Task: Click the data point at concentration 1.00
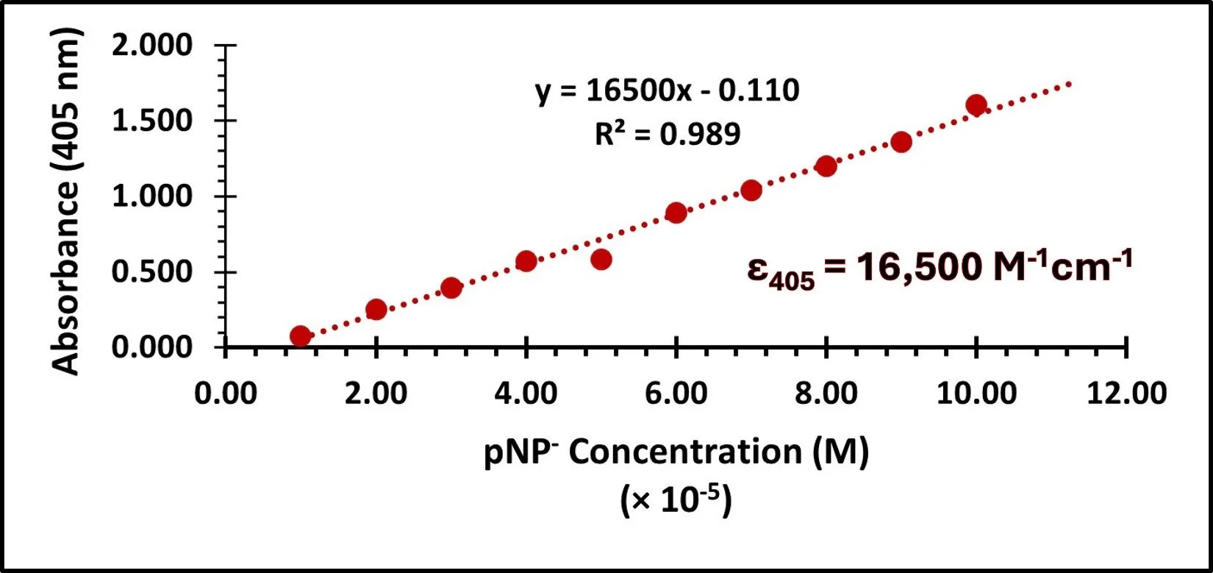pos(300,336)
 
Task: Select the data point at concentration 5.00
pos(601,259)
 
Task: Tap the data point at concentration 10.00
pos(976,104)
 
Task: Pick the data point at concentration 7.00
pos(751,191)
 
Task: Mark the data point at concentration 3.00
pos(451,288)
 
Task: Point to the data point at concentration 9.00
pos(901,142)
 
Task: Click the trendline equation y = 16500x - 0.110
pos(667,92)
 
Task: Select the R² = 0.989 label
pos(667,134)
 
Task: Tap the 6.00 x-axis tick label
pos(676,394)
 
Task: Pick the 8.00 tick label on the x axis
pos(826,394)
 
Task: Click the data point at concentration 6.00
pos(676,213)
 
